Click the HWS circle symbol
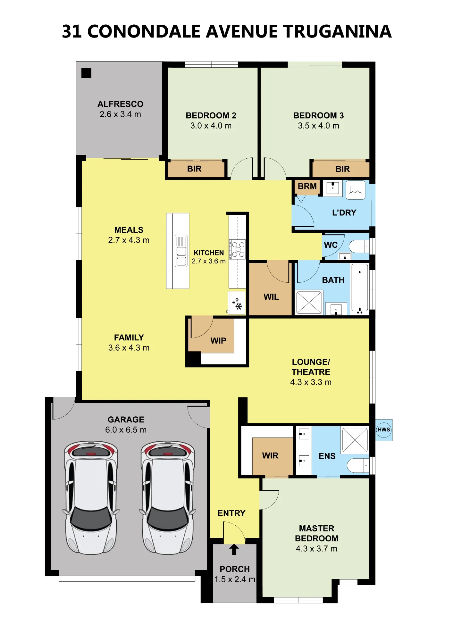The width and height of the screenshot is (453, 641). tap(384, 430)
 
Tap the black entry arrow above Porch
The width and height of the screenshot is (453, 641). tap(234, 549)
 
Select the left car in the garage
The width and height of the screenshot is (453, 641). tap(91, 497)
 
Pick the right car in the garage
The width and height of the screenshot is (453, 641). tap(167, 497)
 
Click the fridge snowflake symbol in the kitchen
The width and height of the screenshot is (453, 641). tap(237, 304)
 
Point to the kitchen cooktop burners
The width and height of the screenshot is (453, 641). tap(238, 249)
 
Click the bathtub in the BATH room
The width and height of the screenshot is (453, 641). tap(359, 288)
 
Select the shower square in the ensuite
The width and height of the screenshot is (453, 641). tap(355, 440)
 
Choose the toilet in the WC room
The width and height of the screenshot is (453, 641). tap(359, 246)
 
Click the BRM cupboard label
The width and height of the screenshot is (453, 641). tap(307, 186)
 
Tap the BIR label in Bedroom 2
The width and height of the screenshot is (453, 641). tap(194, 169)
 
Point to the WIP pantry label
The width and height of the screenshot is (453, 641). tap(218, 341)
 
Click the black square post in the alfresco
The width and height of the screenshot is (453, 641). tap(86, 73)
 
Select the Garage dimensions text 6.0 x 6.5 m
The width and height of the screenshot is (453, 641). tap(126, 430)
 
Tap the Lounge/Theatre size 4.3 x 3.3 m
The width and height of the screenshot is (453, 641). tap(311, 382)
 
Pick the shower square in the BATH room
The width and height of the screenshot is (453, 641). tap(309, 302)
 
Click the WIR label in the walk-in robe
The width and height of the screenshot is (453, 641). tap(270, 456)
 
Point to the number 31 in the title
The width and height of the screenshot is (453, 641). tap(72, 31)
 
